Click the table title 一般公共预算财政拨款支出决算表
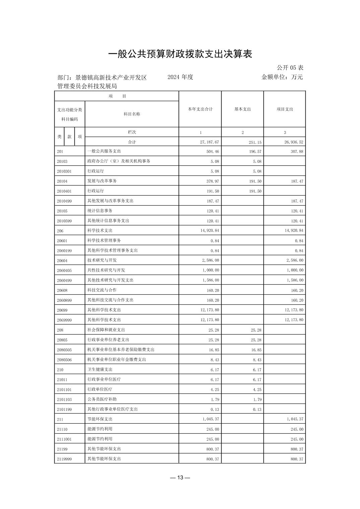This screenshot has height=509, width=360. pos(180,54)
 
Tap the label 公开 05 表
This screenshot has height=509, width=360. pos(290,68)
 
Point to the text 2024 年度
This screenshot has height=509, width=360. pos(180,77)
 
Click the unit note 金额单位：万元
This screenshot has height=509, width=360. pos(282,77)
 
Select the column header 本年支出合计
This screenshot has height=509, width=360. pos(200,109)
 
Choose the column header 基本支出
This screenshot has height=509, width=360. pos(242,109)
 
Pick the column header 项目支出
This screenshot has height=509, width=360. pos(285,109)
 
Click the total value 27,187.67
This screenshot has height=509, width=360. pos(209,142)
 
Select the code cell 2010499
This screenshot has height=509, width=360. pos(64,201)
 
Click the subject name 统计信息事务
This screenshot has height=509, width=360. pos(100,211)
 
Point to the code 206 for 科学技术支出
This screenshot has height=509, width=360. pos(60,231)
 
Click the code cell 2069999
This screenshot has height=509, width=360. pos(64,320)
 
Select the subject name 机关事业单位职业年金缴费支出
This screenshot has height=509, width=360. pos(117,359)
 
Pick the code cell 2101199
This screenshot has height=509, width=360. pos(64,410)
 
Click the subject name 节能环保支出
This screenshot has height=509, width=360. pos(100,419)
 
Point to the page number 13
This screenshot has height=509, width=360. pos(180,478)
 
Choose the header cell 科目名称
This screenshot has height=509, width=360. pos(132,114)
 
